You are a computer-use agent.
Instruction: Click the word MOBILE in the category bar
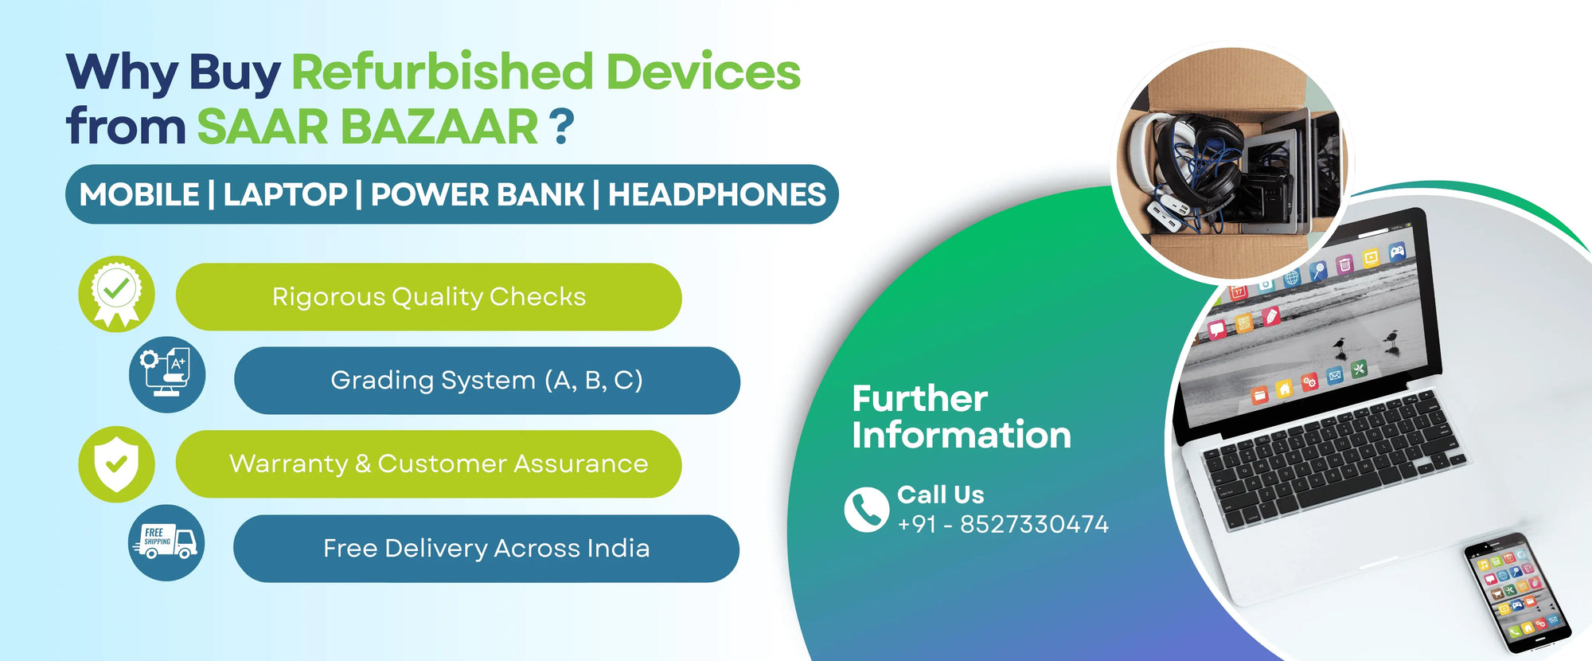139,195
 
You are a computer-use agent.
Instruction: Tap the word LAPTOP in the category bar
285,195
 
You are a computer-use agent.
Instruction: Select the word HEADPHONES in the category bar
716,195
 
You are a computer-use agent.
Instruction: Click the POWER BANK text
478,195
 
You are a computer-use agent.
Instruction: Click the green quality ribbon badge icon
116,293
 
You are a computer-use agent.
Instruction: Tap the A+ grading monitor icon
167,374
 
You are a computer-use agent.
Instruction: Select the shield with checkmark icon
116,463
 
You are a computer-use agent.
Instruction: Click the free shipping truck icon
166,542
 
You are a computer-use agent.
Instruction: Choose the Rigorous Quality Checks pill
428,297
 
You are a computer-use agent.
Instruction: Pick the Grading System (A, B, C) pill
486,381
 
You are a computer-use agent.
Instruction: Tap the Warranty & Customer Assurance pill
428,464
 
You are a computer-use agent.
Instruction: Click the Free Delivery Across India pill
486,549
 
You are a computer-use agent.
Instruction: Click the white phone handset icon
866,509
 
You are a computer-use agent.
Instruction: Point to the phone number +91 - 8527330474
1002,525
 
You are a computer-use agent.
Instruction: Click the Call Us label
940,495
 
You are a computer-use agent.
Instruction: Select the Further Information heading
960,417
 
